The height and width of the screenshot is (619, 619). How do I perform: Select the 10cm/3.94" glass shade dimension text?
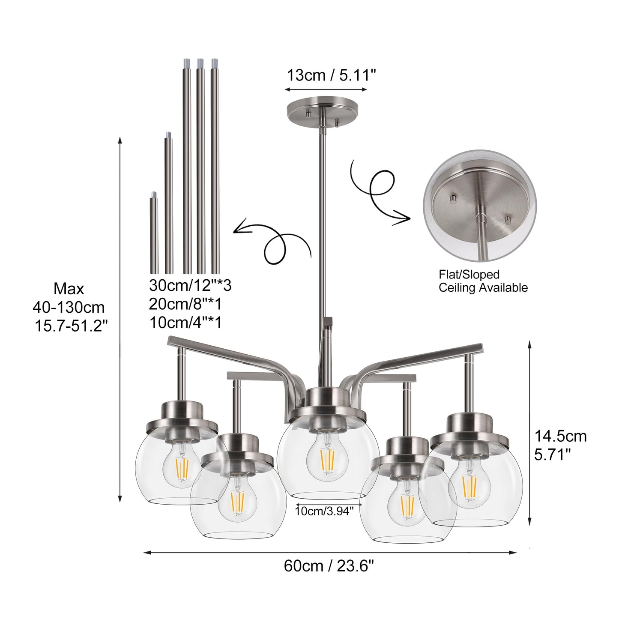pos(324,511)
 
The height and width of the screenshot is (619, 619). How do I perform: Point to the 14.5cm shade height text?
pos(560,436)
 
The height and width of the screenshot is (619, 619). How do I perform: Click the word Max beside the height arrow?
pos(69,289)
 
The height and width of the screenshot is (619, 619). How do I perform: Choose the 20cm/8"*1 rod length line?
pos(185,304)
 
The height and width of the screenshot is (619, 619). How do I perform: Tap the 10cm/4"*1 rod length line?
pos(185,323)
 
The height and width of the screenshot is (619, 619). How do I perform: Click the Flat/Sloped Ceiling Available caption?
pos(483,281)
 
